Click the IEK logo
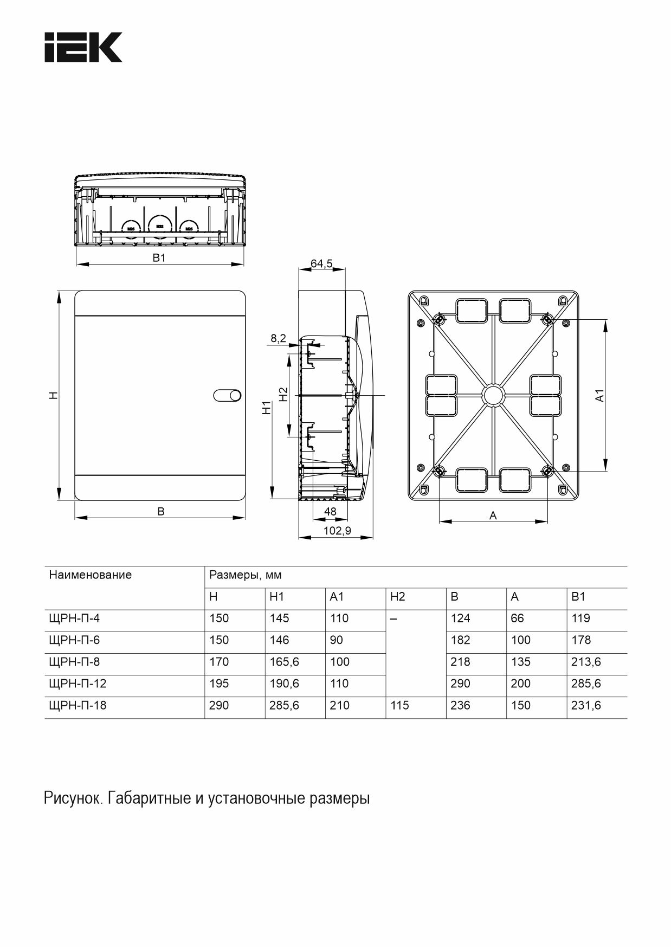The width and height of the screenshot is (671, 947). click(x=83, y=47)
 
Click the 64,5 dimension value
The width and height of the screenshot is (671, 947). click(x=321, y=263)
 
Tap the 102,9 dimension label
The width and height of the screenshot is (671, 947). click(x=337, y=531)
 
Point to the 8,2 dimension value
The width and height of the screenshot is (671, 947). click(x=278, y=338)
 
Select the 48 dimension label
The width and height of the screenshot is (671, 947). click(x=330, y=511)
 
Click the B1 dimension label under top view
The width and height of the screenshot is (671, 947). click(x=158, y=258)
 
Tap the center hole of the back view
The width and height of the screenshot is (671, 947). click(x=494, y=395)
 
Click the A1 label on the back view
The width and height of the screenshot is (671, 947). click(x=599, y=396)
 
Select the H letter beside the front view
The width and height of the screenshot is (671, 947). click(x=53, y=396)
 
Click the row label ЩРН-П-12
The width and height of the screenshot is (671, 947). click(x=78, y=684)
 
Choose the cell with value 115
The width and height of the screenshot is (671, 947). click(x=399, y=705)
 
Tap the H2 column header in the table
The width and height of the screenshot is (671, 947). click(x=397, y=597)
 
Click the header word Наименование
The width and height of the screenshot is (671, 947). click(x=90, y=575)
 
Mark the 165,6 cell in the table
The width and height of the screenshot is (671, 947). click(x=284, y=662)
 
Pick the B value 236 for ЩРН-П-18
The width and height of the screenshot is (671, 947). click(x=460, y=705)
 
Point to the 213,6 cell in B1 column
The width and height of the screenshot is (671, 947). click(x=586, y=662)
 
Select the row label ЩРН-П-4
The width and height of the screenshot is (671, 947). click(x=74, y=619)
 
